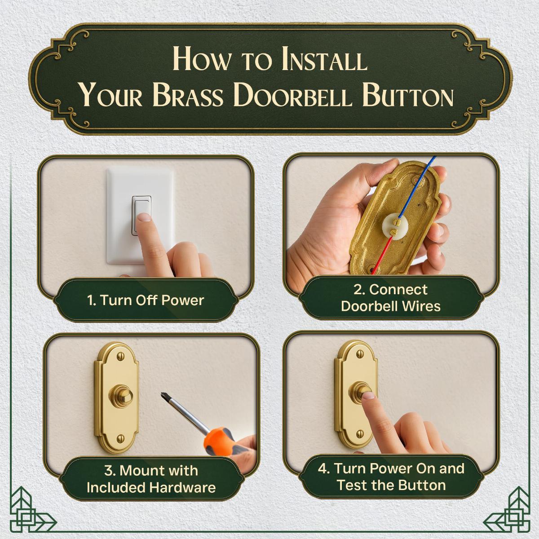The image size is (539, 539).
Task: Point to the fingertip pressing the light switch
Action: (144, 219)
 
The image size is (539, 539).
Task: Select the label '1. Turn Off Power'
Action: (146, 300)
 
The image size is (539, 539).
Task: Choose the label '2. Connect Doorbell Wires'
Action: (390, 298)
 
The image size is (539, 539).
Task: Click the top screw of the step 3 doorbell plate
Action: (120, 357)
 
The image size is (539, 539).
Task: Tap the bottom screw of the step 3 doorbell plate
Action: (120, 438)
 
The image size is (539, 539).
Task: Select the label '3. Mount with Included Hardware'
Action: (151, 479)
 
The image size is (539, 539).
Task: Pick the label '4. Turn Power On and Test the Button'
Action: (391, 477)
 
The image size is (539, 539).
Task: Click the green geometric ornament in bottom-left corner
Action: (31, 512)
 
